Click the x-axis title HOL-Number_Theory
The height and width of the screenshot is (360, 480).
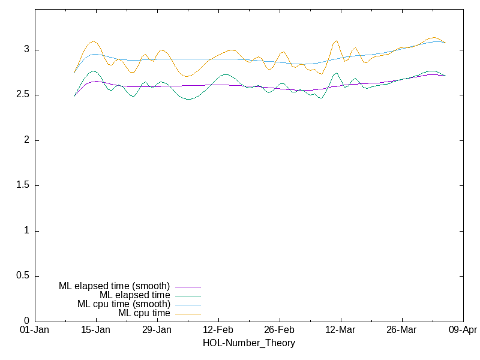tap(249, 343)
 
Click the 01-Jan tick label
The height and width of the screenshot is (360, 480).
tap(34, 330)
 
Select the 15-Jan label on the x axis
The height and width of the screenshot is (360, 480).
tap(95, 330)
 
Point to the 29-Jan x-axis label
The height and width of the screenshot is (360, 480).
tap(157, 330)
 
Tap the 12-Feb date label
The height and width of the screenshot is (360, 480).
tap(218, 330)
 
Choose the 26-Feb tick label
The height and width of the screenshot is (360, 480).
tap(279, 330)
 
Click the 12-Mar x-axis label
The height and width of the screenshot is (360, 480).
tap(340, 330)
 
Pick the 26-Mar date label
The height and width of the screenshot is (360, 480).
tap(401, 330)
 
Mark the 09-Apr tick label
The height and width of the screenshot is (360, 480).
tap(463, 330)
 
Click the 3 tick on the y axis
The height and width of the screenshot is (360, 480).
tap(26, 50)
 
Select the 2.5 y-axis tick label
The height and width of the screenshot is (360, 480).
tap(22, 95)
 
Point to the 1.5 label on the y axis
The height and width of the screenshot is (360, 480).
tap(22, 185)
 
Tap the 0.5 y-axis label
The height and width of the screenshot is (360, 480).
tap(22, 276)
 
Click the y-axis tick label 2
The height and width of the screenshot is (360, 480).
tap(26, 140)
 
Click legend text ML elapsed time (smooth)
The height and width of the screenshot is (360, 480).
tap(114, 286)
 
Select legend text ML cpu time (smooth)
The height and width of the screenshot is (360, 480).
tap(124, 304)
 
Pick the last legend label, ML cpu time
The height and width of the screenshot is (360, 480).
tap(144, 313)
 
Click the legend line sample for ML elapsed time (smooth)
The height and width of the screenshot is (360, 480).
tap(188, 287)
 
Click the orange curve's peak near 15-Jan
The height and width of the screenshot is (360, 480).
tap(93, 41)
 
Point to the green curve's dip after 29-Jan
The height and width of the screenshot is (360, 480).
tap(189, 99)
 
